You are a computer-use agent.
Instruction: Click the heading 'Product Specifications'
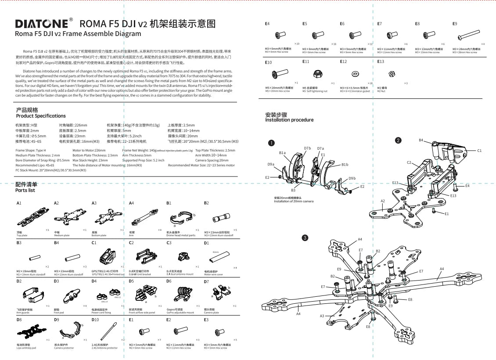(x=40, y=116)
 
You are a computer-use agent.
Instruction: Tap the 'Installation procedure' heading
(x=289, y=120)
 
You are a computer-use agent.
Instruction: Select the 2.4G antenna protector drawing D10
(x=108, y=330)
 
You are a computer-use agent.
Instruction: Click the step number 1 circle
(x=272, y=143)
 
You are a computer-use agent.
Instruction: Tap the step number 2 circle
(x=398, y=140)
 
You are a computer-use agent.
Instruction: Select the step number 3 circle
(x=305, y=238)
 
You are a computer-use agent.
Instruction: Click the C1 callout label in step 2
(x=479, y=151)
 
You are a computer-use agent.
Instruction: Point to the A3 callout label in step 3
(x=322, y=316)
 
